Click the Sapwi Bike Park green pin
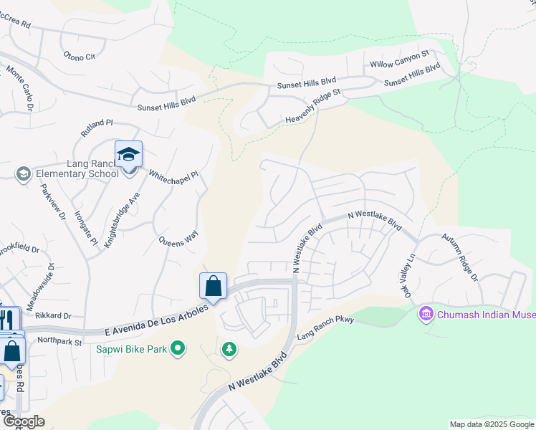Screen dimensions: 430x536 pyautogui.click(x=178, y=349)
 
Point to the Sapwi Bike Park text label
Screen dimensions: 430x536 pyautogui.click(x=132, y=349)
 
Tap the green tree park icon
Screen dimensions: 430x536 pyautogui.click(x=229, y=349)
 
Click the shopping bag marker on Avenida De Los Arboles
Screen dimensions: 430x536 pyautogui.click(x=214, y=287)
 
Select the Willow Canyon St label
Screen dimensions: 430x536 pyautogui.click(x=399, y=59)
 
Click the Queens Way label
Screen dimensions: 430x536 pyautogui.click(x=177, y=239)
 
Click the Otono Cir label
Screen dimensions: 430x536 pyautogui.click(x=79, y=56)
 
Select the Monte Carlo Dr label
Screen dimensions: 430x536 pyautogui.click(x=21, y=90)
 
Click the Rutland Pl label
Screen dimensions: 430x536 pyautogui.click(x=97, y=129)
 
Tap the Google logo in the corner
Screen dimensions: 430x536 pyautogui.click(x=24, y=421)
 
